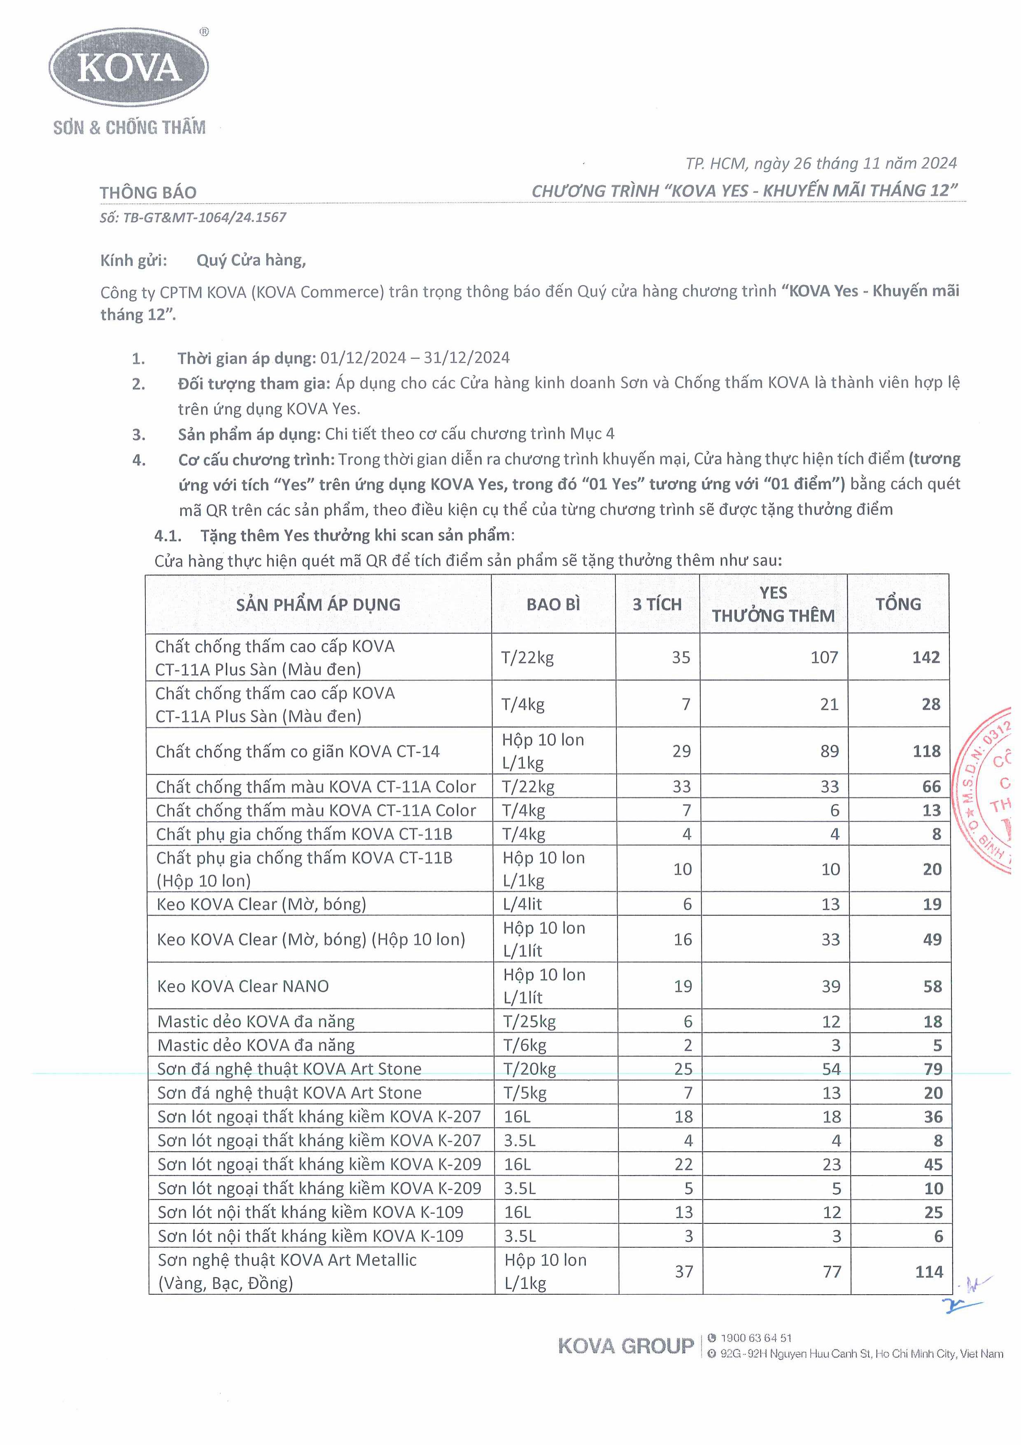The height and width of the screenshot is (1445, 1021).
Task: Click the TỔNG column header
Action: click(898, 604)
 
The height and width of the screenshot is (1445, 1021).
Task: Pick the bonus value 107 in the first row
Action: click(824, 657)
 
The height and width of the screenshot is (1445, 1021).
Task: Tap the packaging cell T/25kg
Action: click(530, 1021)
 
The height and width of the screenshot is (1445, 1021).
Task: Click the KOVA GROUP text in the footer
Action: click(625, 1346)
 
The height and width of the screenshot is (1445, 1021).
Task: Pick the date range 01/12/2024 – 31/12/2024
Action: click(415, 358)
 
